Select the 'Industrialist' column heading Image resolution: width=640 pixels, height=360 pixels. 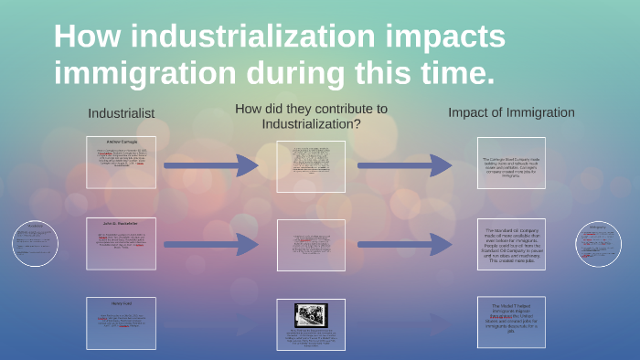point(121,113)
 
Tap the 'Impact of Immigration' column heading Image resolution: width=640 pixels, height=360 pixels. point(511,112)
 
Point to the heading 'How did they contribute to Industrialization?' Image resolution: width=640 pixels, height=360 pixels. point(311,116)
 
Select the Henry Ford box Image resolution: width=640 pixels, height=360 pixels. point(121,323)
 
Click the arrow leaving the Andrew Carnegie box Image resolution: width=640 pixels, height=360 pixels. point(212,165)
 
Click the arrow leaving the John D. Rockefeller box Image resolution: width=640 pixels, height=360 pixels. point(212,245)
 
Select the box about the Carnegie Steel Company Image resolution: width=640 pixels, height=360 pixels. point(511,164)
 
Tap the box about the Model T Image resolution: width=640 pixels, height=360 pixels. point(511,323)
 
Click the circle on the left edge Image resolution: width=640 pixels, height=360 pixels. point(36,243)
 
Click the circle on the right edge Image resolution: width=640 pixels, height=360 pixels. point(599,243)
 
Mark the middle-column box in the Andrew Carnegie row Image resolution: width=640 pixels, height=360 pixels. point(311,166)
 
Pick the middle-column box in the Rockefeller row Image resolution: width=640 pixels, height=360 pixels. point(311,245)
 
